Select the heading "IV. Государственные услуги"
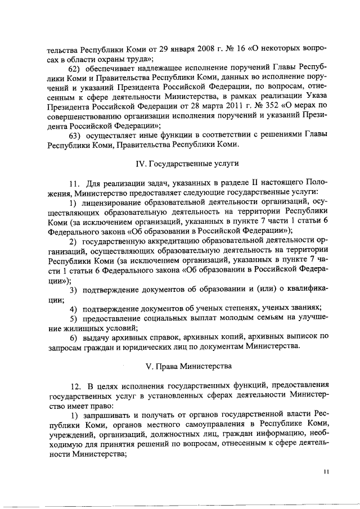(x=179, y=164)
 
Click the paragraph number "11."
(x=76, y=183)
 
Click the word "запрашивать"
(x=110, y=413)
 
